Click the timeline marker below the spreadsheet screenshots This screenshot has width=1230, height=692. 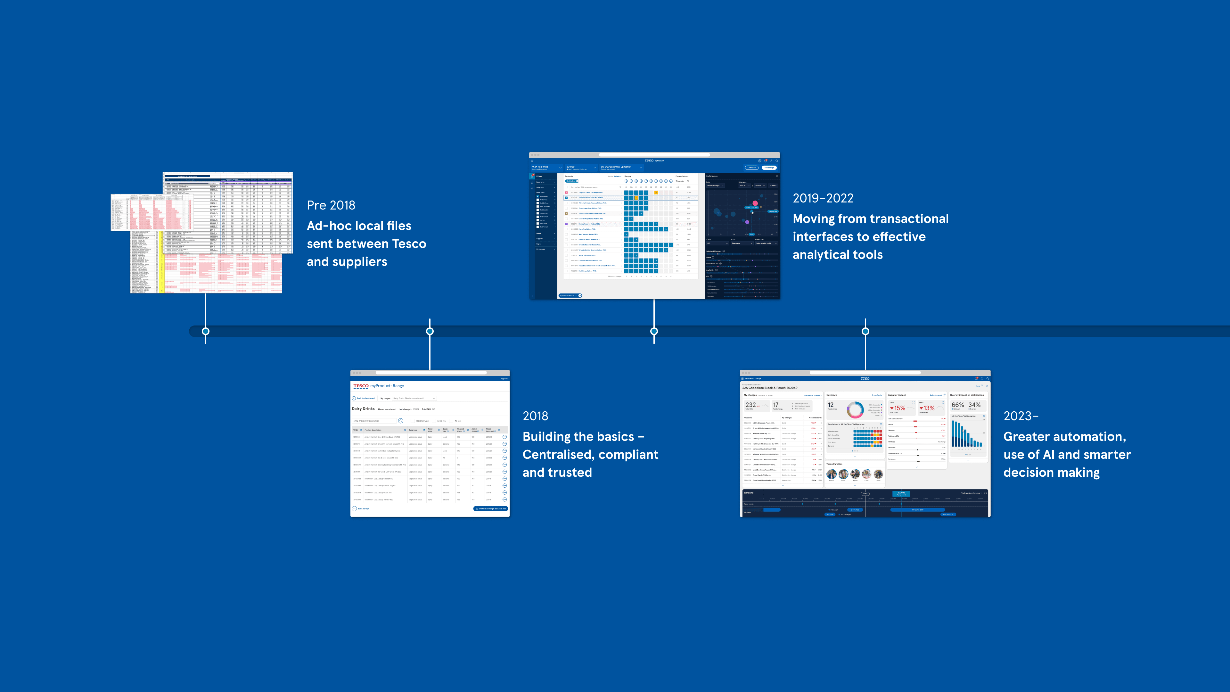pyautogui.click(x=206, y=331)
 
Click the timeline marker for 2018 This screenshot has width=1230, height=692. pyautogui.click(x=430, y=331)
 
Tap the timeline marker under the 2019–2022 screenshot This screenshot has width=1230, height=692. pyautogui.click(x=654, y=331)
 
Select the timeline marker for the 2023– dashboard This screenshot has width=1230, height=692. pyautogui.click(x=865, y=331)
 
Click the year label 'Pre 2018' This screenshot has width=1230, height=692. pyautogui.click(x=331, y=205)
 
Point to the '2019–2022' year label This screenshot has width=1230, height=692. pyautogui.click(x=823, y=198)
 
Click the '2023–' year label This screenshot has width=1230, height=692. pyautogui.click(x=1021, y=416)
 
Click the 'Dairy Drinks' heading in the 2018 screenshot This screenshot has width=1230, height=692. pyautogui.click(x=363, y=409)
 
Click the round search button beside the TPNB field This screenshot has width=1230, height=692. pyautogui.click(x=401, y=421)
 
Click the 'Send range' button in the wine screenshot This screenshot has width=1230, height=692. pyautogui.click(x=769, y=168)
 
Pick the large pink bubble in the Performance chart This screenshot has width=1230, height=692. pyautogui.click(x=755, y=203)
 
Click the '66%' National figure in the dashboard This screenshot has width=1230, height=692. pyautogui.click(x=957, y=405)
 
